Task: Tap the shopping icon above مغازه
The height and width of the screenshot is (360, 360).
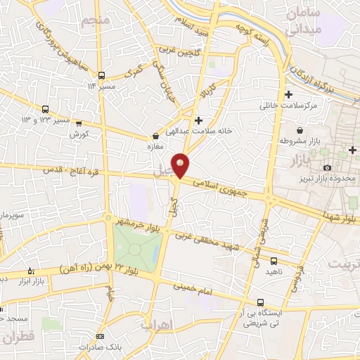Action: click(155, 136)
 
